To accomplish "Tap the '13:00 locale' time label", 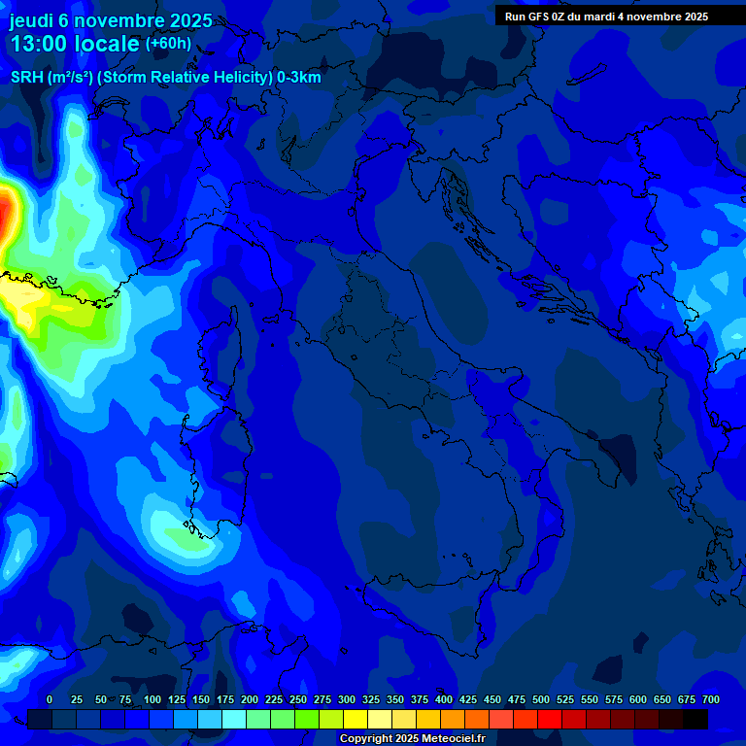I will click(74, 45).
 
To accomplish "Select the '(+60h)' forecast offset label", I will click(168, 44).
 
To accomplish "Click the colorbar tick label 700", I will click(710, 700).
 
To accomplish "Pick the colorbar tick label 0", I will click(50, 700).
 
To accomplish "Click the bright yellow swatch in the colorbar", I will click(356, 719).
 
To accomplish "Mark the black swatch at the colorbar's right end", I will click(695, 719).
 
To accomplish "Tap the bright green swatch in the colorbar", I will click(307, 719).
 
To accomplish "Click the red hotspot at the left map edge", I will click(6, 214).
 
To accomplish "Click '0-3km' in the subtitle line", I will click(299, 78).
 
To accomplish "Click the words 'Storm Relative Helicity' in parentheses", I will click(185, 78).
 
